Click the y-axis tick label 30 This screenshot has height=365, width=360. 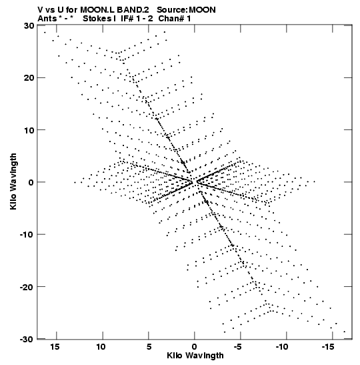(x=29, y=25)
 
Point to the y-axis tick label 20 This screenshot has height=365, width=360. (x=29, y=77)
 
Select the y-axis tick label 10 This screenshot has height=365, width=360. (x=29, y=130)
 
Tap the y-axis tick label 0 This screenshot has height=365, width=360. (x=31, y=182)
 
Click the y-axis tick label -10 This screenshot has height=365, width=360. (x=27, y=234)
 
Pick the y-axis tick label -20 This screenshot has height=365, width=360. (x=27, y=287)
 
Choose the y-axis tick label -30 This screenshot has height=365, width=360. (x=27, y=339)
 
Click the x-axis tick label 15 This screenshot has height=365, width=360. (x=55, y=347)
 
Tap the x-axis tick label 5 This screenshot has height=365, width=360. (x=149, y=347)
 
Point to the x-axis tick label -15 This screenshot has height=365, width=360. (x=328, y=347)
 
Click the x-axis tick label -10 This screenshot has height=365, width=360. (x=282, y=347)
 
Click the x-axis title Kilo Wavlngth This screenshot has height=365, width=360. (x=195, y=356)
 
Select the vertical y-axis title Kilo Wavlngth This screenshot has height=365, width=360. (x=13, y=181)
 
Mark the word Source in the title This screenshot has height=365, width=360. (x=173, y=10)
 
